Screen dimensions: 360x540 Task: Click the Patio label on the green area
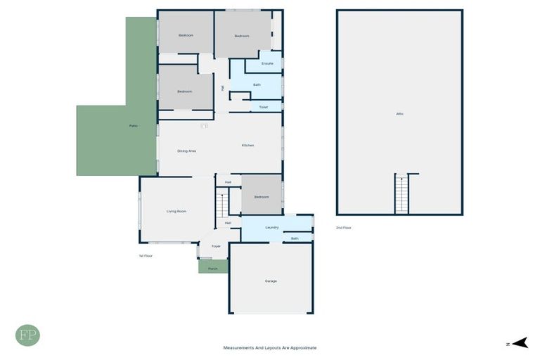point(133,126)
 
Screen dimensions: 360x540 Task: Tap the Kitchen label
point(247,146)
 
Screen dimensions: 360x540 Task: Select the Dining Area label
point(186,151)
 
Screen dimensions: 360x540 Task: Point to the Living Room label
point(176,211)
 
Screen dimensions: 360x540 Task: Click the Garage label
point(271,281)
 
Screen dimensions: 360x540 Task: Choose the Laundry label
point(272,228)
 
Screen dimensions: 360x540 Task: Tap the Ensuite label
point(267,64)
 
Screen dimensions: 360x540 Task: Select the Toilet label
point(263,108)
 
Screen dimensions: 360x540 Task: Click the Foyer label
point(215,246)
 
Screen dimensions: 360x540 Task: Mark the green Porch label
point(212,269)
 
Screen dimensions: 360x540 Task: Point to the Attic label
point(399,114)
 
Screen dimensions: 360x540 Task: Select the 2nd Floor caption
point(343,228)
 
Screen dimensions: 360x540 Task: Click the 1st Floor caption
point(146,256)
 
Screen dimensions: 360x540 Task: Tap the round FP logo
point(27,335)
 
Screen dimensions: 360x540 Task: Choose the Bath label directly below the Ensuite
point(257,85)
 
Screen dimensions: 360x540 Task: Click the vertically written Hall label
point(222,88)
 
